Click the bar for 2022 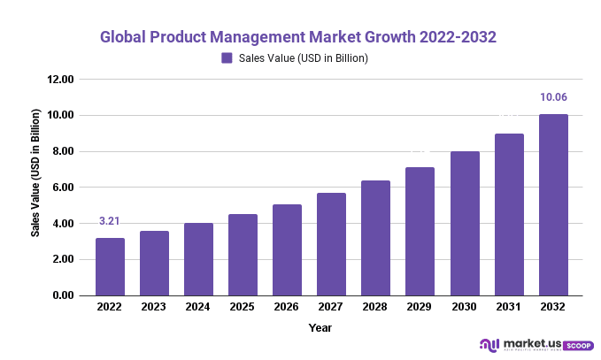[110, 266]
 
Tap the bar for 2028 [375, 238]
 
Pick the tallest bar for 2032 [553, 204]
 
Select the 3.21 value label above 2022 [110, 221]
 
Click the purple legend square [227, 58]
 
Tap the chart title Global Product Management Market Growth [297, 37]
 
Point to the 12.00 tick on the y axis [60, 80]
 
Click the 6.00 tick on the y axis [63, 188]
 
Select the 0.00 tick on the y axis [63, 295]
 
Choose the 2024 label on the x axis [198, 307]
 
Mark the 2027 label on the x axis [331, 307]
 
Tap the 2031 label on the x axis [509, 307]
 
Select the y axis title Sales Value [36, 172]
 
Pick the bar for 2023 [154, 263]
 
